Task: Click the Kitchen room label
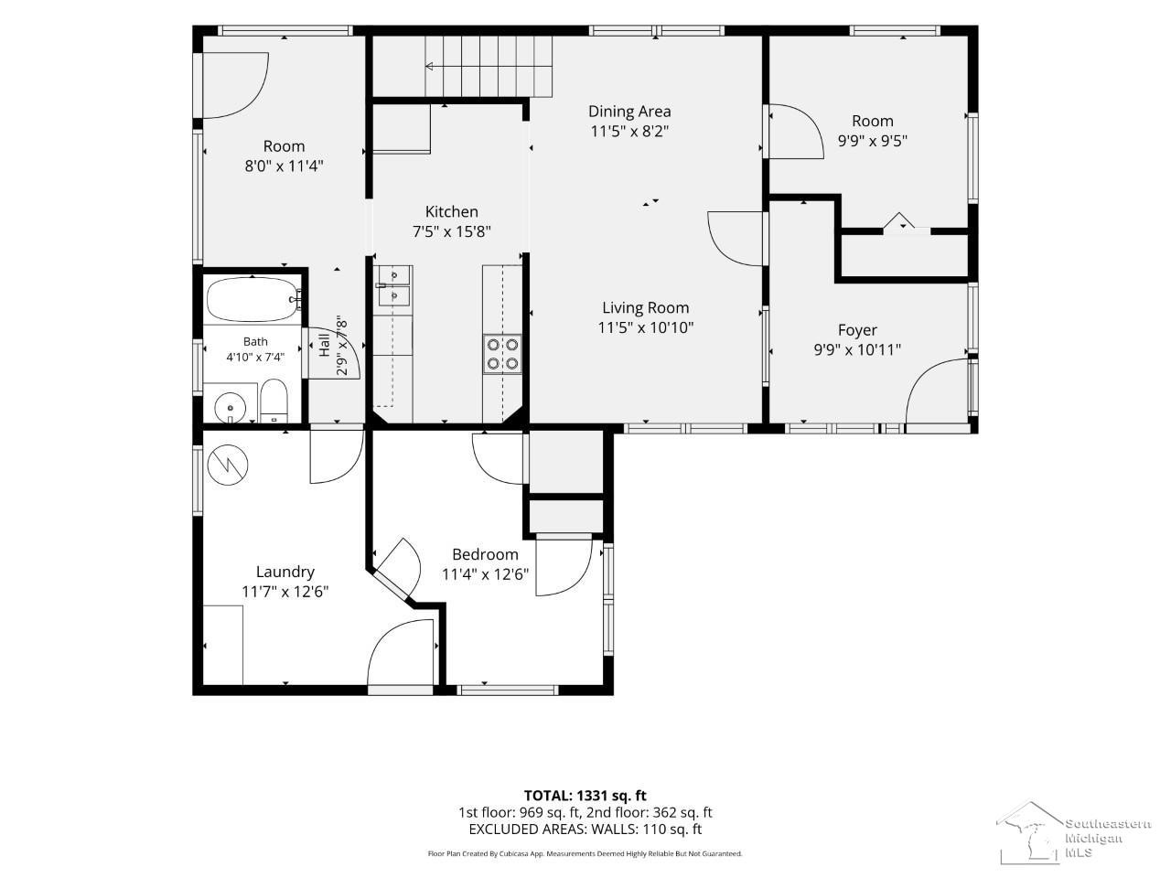pos(451,211)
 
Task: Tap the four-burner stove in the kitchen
pos(502,354)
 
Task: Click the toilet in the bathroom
pos(274,401)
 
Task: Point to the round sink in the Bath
pos(230,408)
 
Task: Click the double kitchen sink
pos(392,286)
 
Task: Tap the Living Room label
pos(646,307)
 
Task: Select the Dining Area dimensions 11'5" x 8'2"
pos(629,131)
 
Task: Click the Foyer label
pos(857,330)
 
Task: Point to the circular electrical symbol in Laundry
pos(228,465)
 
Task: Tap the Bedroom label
pos(485,554)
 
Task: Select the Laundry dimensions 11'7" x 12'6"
pos(285,592)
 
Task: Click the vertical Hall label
pos(325,345)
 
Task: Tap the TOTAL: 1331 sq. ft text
pos(585,796)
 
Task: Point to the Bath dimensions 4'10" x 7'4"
pos(255,358)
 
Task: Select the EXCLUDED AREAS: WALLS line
pos(585,830)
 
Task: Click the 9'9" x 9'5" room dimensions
pos(873,141)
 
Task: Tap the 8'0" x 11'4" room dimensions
pos(284,166)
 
